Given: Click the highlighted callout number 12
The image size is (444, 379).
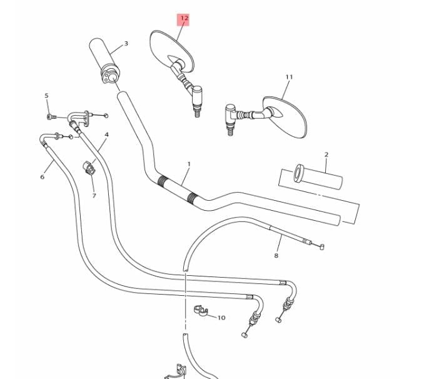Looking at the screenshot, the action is point(184,19).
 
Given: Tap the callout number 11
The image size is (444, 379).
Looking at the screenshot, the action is point(289,77).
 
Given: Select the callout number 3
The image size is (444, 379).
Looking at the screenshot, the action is point(126,43).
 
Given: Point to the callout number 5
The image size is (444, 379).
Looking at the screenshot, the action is point(47,96).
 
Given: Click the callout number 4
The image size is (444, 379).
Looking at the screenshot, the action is point(107,134).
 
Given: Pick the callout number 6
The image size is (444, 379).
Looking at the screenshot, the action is point(42,177).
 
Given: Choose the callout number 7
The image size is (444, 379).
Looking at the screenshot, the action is point(94,196).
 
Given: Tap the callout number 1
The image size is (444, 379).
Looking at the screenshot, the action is point(189,164).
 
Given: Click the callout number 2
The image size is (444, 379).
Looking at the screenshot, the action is point(326,154).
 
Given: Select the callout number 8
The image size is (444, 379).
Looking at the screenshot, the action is point(276,256).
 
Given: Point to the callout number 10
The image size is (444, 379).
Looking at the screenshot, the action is point(221,318).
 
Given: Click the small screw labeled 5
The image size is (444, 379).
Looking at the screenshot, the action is point(51,116).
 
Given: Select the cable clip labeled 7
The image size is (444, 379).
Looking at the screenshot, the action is point(89,168).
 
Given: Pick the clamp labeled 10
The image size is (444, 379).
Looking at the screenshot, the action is point(201,310).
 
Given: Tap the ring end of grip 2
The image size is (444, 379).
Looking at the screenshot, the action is point(298,173).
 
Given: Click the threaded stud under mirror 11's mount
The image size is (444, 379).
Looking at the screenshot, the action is point(231,131).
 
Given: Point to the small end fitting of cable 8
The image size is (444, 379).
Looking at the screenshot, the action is point(321,247).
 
